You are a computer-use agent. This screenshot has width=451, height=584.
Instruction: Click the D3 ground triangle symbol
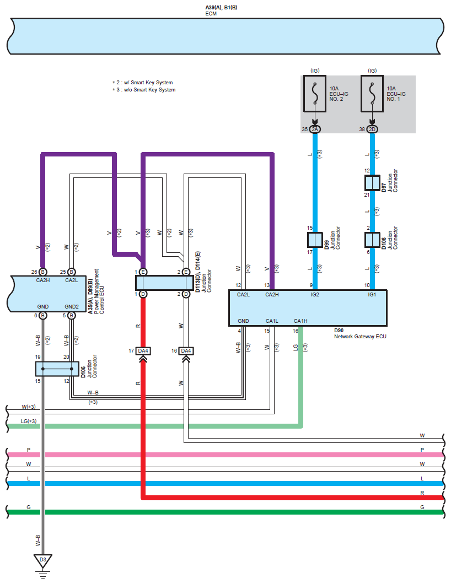43,561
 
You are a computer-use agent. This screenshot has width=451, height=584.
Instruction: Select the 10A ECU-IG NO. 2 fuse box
315,94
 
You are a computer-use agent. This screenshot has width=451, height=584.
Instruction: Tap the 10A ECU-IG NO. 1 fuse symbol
372,94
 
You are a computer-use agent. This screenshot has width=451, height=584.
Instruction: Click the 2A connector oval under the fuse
315,129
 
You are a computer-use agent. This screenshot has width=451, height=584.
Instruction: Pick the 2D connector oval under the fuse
372,129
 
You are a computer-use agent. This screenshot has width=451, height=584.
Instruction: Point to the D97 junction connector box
372,183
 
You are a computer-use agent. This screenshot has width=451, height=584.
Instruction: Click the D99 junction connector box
315,240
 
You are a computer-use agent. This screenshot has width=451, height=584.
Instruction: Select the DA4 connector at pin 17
143,351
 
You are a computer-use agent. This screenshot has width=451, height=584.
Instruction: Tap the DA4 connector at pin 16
186,351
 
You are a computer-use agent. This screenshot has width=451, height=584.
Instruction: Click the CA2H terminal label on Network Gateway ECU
272,295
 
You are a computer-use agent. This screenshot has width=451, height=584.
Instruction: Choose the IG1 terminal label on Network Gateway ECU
372,295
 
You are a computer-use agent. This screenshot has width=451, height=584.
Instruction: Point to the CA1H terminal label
300,321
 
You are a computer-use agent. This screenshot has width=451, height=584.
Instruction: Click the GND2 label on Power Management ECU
72,306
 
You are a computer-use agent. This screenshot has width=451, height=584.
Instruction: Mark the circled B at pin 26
43,272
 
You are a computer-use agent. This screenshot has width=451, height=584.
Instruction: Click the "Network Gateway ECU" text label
360,336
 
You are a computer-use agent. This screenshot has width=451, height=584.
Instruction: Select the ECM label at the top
211,13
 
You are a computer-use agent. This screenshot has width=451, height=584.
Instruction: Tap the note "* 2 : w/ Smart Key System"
142,82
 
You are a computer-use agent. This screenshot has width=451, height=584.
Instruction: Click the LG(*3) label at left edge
29,421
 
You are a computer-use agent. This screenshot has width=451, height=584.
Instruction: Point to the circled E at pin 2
186,272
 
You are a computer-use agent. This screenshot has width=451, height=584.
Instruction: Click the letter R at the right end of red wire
422,493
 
